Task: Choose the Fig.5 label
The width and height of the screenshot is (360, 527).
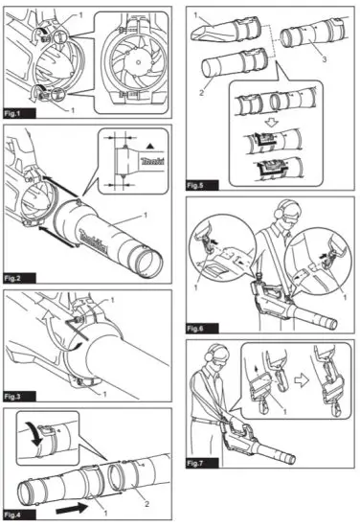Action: coord(202,178)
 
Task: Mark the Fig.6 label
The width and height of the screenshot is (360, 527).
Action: coord(202,327)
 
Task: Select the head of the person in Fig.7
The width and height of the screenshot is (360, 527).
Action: coord(220,365)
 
